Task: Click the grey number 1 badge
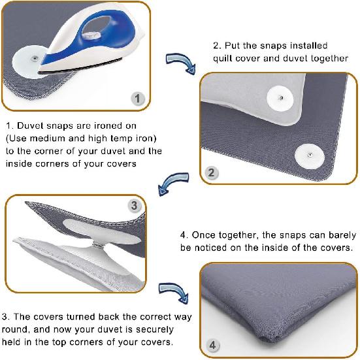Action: pos(137,99)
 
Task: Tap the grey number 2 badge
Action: pos(211,172)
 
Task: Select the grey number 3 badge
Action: pos(134,206)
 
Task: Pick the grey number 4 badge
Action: pos(212,345)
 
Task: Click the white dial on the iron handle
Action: pos(91,35)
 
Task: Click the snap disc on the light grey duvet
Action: pos(280,98)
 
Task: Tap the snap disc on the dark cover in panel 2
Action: pos(310,156)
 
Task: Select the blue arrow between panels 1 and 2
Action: pos(181,63)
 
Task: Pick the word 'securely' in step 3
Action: pos(154,330)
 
